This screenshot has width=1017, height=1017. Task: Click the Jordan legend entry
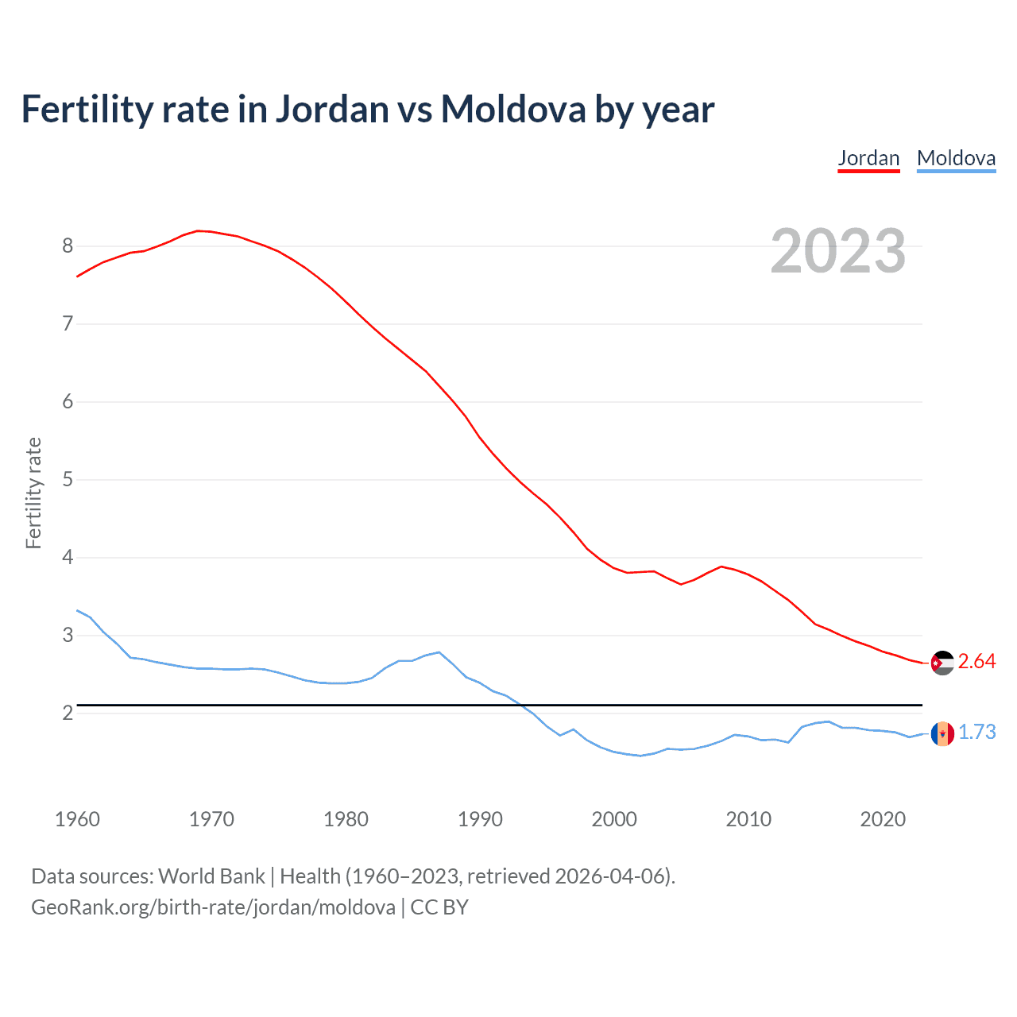pyautogui.click(x=868, y=158)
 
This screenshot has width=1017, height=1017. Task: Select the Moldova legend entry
pyautogui.click(x=956, y=158)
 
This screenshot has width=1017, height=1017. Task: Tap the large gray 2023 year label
pyautogui.click(x=837, y=251)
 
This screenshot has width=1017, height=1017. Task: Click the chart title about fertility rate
pyautogui.click(x=367, y=109)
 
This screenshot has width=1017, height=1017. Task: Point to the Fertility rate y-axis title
pyautogui.click(x=33, y=493)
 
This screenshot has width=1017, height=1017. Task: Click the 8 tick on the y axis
pyautogui.click(x=68, y=246)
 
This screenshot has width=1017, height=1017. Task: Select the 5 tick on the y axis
pyautogui.click(x=68, y=479)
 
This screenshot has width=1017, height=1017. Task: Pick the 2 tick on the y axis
pyautogui.click(x=68, y=713)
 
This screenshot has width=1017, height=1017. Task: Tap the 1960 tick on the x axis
pyautogui.click(x=77, y=819)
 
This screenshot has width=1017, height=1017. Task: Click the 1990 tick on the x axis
pyautogui.click(x=480, y=819)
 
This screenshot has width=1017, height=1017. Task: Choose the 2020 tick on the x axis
pyautogui.click(x=883, y=819)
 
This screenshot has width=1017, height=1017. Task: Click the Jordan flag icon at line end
pyautogui.click(x=942, y=662)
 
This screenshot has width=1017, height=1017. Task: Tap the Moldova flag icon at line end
pyautogui.click(x=942, y=733)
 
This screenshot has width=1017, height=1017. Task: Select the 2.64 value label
pyautogui.click(x=976, y=662)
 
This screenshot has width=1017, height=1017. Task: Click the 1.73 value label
pyautogui.click(x=976, y=733)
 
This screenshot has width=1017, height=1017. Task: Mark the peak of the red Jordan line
pyautogui.click(x=198, y=230)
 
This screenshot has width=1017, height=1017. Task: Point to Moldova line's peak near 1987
pyautogui.click(x=439, y=652)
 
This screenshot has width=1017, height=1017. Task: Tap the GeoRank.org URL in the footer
pyautogui.click(x=213, y=907)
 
